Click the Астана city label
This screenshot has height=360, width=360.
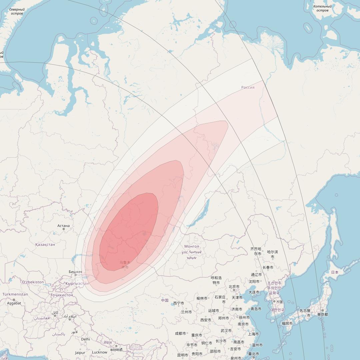(x=63, y=226)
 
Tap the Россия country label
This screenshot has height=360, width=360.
(x=248, y=87)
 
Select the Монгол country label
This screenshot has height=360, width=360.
(x=192, y=246)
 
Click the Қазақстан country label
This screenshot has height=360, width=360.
(x=45, y=244)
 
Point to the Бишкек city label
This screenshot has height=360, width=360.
(x=75, y=272)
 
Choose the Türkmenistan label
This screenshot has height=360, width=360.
(x=15, y=294)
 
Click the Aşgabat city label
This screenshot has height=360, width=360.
(x=14, y=303)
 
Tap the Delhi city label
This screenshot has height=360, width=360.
(x=86, y=339)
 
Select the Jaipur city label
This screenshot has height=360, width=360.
(x=80, y=352)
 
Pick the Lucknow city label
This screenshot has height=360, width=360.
(x=99, y=352)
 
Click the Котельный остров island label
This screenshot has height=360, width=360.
(x=322, y=8)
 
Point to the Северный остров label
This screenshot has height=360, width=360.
(x=17, y=11)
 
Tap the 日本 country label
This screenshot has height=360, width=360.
(x=335, y=272)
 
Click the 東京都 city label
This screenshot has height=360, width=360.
(x=323, y=314)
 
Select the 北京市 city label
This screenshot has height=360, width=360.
(x=234, y=287)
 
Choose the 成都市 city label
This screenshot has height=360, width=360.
(x=180, y=333)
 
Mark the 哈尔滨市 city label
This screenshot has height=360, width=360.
(x=272, y=254)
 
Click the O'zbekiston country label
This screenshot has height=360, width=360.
(x=33, y=282)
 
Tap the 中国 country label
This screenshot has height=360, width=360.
(x=165, y=300)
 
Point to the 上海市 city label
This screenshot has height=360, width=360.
(x=253, y=334)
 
